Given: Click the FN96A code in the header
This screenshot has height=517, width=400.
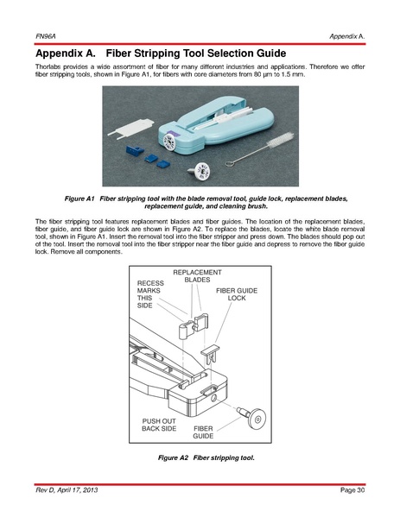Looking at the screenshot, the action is point(46,36).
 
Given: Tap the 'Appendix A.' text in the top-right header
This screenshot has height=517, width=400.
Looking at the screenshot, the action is point(346,36).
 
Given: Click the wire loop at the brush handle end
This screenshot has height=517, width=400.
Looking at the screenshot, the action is point(231,162).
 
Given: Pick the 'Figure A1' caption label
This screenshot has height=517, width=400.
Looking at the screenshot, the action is point(79,199).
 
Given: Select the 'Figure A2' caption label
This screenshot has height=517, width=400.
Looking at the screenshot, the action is point(173,457).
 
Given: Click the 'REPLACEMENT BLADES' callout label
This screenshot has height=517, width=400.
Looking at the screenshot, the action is point(197,276).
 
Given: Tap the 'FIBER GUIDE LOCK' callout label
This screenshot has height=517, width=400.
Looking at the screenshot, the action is point(237,294).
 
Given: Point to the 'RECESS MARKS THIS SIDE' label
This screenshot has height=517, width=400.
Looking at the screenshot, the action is point(150,294).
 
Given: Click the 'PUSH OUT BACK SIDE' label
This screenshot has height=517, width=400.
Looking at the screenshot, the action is point(159,425).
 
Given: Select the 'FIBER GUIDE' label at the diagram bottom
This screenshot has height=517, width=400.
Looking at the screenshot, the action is point(203,432).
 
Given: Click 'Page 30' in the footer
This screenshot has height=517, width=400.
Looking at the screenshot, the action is point(352,490).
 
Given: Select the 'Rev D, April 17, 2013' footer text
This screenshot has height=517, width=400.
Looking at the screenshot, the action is point(67,490).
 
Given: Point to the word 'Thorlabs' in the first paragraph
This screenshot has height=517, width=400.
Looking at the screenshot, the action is point(48,66).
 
